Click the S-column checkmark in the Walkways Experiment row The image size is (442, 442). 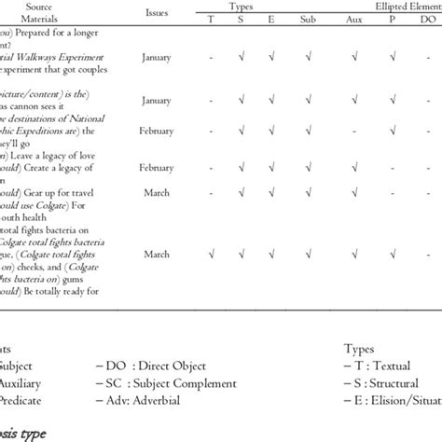pos(244,58)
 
